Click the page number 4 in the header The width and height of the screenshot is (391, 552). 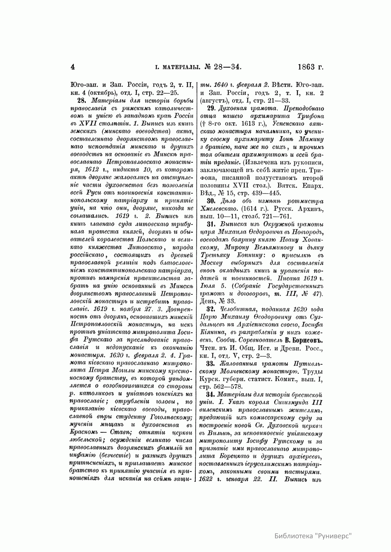[x=73, y=67]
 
